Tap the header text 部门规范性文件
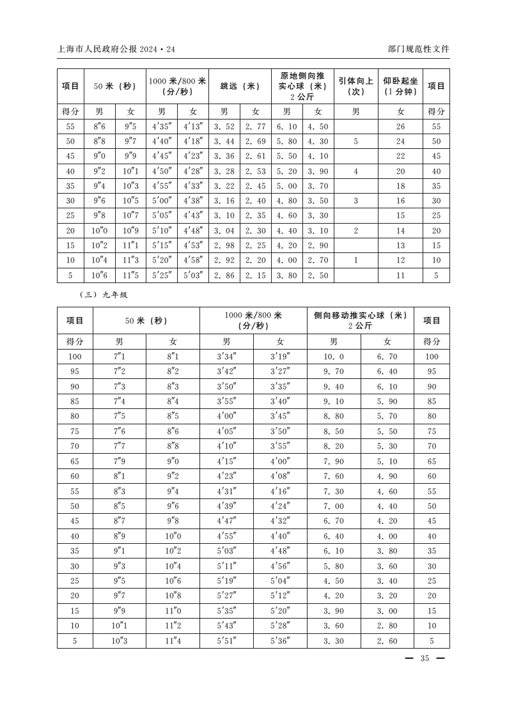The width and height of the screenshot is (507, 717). pyautogui.click(x=418, y=49)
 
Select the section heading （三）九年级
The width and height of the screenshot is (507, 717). pyautogui.click(x=102, y=295)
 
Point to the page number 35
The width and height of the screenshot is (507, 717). pyautogui.click(x=425, y=659)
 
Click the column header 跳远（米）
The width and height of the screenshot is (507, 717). pyautogui.click(x=240, y=86)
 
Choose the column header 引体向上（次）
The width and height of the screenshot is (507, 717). pyautogui.click(x=355, y=86)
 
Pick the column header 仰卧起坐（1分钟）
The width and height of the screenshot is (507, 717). pyautogui.click(x=401, y=86)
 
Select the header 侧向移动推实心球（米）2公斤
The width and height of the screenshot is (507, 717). pyautogui.click(x=360, y=320)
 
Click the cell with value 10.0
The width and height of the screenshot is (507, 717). pyautogui.click(x=333, y=357)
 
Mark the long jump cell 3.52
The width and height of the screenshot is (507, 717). pyautogui.click(x=224, y=127)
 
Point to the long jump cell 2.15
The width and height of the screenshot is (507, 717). pyautogui.click(x=256, y=275)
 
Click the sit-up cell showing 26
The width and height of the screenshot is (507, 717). pyautogui.click(x=401, y=127)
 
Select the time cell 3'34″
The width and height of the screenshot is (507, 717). pyautogui.click(x=226, y=357)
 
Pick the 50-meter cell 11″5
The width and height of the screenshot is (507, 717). pyautogui.click(x=130, y=275)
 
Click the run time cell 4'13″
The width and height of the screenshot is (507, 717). pyautogui.click(x=193, y=127)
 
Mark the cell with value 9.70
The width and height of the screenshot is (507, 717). pyautogui.click(x=333, y=371)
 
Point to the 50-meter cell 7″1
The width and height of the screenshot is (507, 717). pyautogui.click(x=119, y=357)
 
